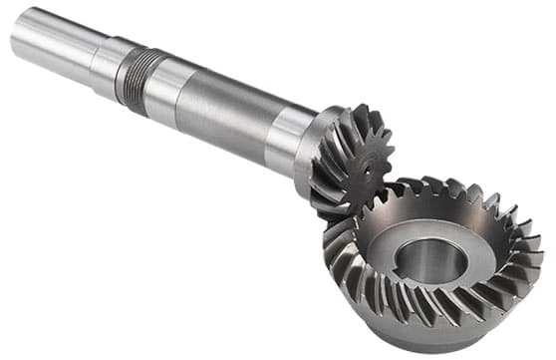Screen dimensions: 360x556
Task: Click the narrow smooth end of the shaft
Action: click(50, 40)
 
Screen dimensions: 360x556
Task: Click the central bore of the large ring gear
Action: click(434, 261)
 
